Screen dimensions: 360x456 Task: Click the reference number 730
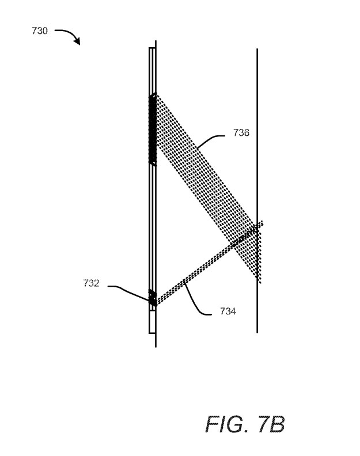point(40,31)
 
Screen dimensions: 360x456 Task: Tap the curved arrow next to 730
point(70,33)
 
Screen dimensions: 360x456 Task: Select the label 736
point(241,132)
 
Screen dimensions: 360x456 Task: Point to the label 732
point(91,283)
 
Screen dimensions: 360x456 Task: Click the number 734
point(228,311)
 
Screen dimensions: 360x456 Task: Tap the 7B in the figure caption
point(271,424)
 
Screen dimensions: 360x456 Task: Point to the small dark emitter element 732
point(153,297)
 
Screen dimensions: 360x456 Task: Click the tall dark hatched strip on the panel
point(153,130)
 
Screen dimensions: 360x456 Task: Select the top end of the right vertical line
point(257,49)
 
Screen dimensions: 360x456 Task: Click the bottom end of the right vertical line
point(257,332)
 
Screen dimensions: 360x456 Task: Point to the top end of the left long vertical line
point(156,41)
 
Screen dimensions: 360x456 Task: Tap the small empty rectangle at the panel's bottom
point(152,322)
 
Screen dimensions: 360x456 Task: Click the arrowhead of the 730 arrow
point(77,42)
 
